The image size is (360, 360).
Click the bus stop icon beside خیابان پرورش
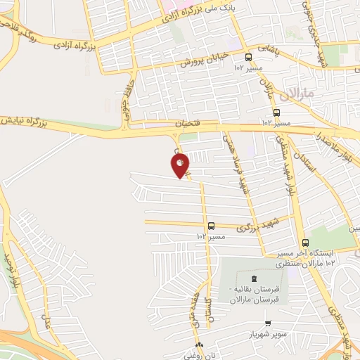coord(248,58)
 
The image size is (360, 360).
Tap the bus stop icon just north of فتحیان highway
coord(276,112)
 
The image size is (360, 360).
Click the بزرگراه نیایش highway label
coord(31,123)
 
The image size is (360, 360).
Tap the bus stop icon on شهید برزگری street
coord(211,226)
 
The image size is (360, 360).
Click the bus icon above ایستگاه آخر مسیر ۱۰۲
coord(304,243)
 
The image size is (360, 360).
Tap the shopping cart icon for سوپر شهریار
coord(268,322)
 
